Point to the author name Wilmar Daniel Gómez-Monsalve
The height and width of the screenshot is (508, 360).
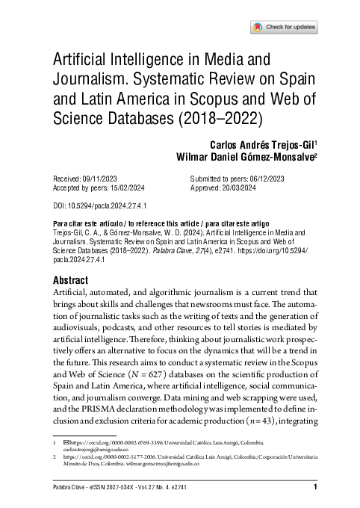245,157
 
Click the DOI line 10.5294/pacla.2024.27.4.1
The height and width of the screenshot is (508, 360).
87,204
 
